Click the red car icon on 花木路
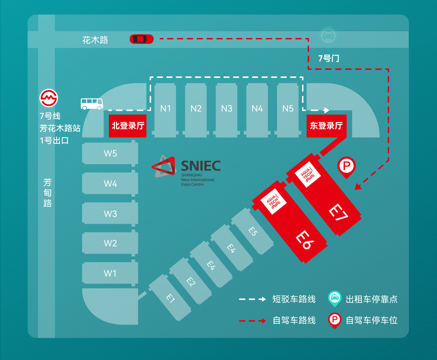tap(142, 39)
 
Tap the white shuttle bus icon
tap(92, 104)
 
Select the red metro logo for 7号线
tap(49, 98)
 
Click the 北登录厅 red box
tap(128, 126)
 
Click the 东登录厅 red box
tap(326, 126)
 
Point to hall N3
tap(226, 108)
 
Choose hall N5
tap(288, 108)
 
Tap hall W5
tap(110, 154)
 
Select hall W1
tap(110, 273)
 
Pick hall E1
tap(170, 298)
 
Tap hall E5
tap(253, 232)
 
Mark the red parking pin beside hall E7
tap(347, 167)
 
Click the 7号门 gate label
tap(328, 58)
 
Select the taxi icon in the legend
tap(334, 299)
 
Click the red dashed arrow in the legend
tap(252, 321)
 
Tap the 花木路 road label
tap(95, 40)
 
